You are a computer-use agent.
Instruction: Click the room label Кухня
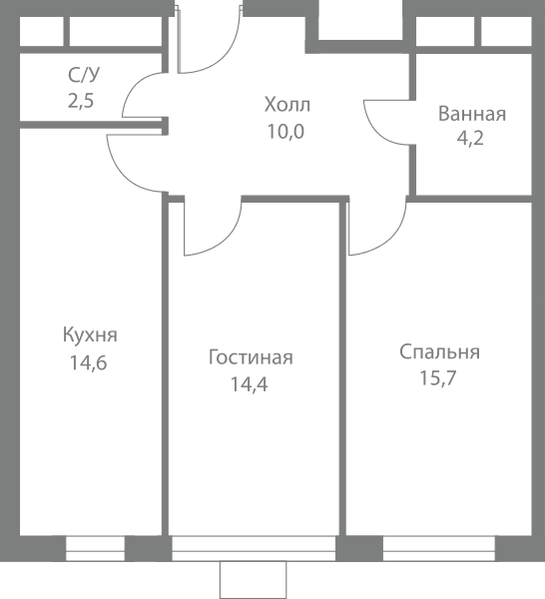(90, 334)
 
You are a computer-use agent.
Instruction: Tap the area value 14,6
(88, 362)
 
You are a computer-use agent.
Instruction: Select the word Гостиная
(251, 357)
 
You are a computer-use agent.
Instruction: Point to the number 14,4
(249, 384)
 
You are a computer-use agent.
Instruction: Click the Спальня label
(439, 351)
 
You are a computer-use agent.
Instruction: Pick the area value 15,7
(438, 378)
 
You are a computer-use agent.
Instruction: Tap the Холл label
(287, 105)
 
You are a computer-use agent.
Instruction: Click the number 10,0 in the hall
(285, 132)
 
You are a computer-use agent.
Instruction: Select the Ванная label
(472, 114)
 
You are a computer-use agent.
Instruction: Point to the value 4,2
(470, 138)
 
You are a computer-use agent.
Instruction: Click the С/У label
(84, 75)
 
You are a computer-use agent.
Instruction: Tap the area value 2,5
(81, 101)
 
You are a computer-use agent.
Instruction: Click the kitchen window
(95, 548)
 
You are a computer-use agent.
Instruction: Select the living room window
(254, 548)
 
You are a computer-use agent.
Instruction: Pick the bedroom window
(439, 548)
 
